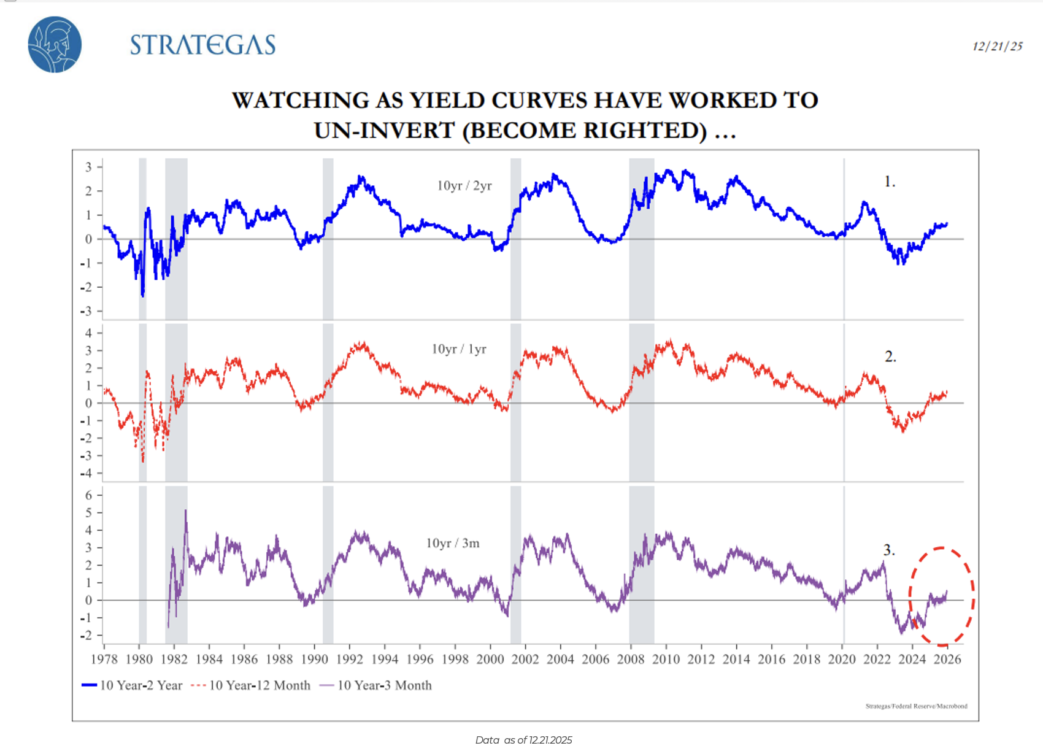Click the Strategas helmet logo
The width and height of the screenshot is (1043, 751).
(x=55, y=44)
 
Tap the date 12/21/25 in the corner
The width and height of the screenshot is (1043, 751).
(x=997, y=47)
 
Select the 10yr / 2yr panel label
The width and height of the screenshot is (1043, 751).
(x=464, y=186)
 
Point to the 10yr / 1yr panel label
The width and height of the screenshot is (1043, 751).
(x=459, y=349)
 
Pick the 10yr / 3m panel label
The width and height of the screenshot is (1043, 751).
(x=453, y=543)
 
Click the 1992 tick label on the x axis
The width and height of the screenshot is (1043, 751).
(x=350, y=660)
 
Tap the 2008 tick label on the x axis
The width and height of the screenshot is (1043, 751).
(x=631, y=660)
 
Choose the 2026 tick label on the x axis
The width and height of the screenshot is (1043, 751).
(x=947, y=660)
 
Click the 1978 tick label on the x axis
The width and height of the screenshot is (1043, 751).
(x=104, y=660)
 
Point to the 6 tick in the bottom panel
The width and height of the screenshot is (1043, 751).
(x=89, y=495)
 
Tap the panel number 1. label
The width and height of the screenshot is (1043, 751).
(x=890, y=182)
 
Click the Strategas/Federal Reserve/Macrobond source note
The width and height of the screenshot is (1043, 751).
(x=916, y=706)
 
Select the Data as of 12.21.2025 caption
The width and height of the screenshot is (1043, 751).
(x=523, y=740)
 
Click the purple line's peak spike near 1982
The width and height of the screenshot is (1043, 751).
(x=186, y=511)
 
